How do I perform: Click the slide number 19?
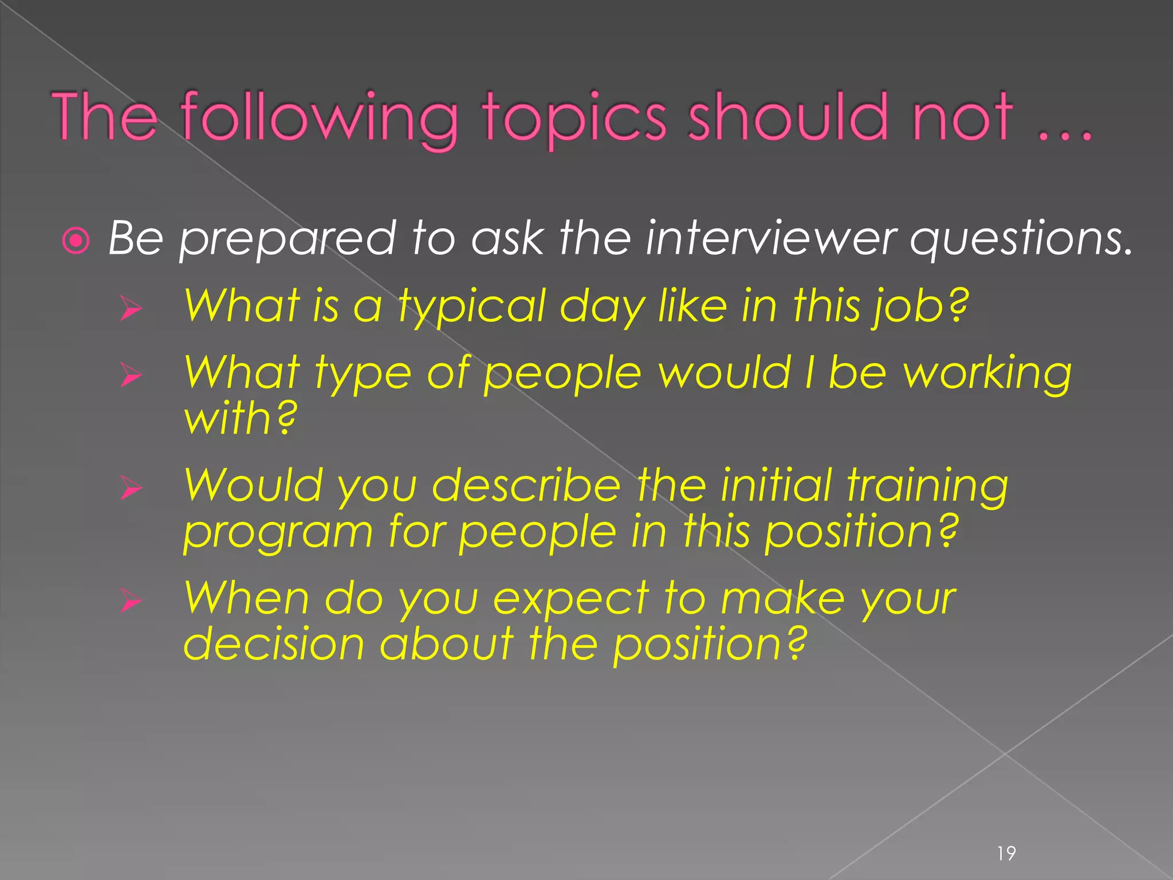point(1006,853)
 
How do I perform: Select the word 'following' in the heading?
point(320,119)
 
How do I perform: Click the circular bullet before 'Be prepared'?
point(76,241)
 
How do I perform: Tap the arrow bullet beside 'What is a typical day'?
point(131,309)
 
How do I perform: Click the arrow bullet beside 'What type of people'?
point(131,376)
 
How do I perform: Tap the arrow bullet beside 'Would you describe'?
point(131,489)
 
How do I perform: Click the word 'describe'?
point(526,486)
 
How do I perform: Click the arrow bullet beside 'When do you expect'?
point(131,602)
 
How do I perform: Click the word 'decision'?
point(274,644)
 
